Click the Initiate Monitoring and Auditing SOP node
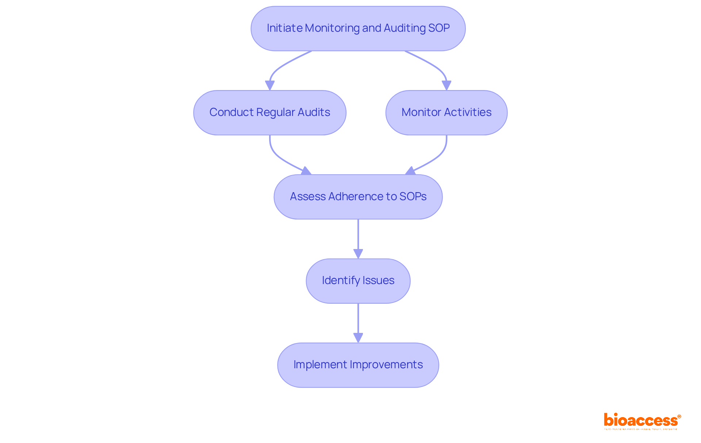pos(358,28)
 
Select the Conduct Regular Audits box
pos(269,113)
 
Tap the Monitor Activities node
pos(446,113)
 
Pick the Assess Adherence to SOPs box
pos(358,197)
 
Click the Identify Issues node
pos(358,281)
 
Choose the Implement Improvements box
pos(358,365)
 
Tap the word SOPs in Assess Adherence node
pos(413,197)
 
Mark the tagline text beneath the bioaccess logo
pos(641,429)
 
